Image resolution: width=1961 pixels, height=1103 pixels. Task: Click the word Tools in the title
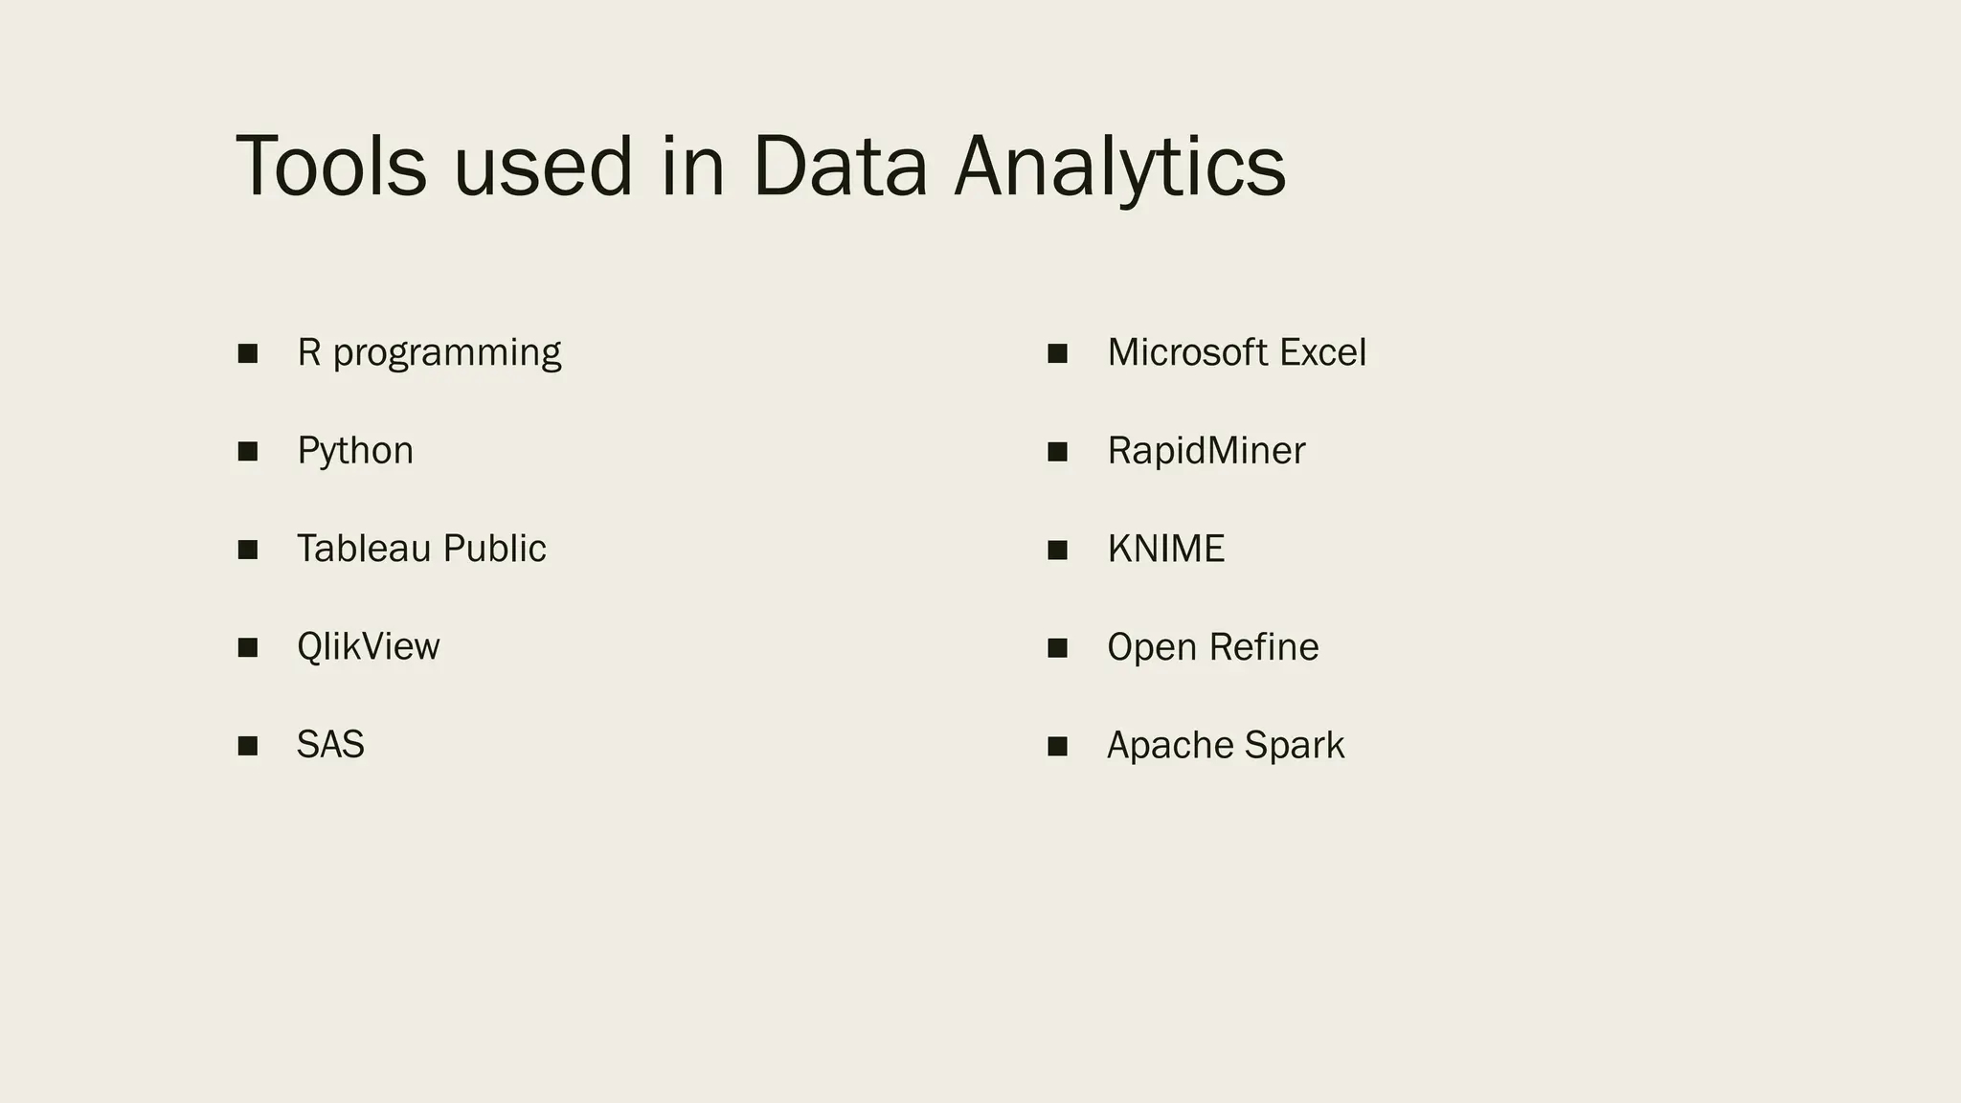330,168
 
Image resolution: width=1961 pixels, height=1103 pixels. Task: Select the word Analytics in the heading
1119,168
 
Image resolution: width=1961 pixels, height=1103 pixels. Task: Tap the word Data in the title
840,168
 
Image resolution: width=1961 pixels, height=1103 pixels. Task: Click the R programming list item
429,353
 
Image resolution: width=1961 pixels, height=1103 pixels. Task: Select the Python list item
355,451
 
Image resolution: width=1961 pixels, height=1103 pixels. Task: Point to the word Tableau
364,549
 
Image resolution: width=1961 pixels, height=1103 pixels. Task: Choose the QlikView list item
368,647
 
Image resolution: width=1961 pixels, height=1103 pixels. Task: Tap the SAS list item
330,745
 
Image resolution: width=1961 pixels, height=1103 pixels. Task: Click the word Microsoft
1187,353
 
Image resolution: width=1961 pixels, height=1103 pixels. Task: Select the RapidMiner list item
1206,451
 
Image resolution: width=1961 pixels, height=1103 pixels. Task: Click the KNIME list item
1165,549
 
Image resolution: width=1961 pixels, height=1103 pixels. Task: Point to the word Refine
1265,647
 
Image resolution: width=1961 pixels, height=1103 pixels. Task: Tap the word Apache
1170,746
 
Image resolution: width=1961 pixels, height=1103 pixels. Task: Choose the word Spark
1295,746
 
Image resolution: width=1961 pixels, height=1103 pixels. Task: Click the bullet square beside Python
248,451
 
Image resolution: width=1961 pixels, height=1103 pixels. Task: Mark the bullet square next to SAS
248,746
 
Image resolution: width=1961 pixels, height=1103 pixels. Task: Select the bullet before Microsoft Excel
1057,353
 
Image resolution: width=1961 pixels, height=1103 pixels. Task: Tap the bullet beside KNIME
1057,550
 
